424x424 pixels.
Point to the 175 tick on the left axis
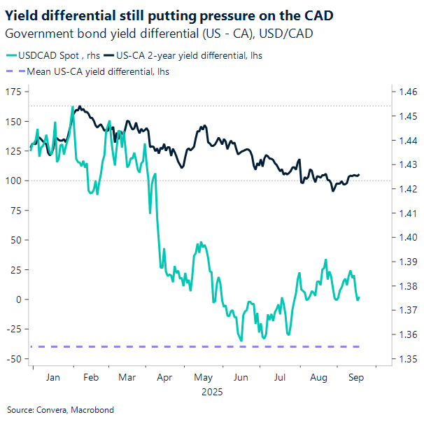tap(13, 92)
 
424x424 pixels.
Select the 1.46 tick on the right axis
tap(407, 92)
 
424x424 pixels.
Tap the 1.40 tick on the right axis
tap(407, 237)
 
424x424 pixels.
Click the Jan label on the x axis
tap(51, 376)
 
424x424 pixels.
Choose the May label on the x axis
tap(202, 376)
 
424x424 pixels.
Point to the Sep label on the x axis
tap(355, 376)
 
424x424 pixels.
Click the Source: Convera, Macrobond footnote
tap(60, 410)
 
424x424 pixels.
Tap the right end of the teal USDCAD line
tap(359, 297)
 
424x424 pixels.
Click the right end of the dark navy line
tap(360, 175)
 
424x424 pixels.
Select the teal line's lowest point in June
tap(242, 341)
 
